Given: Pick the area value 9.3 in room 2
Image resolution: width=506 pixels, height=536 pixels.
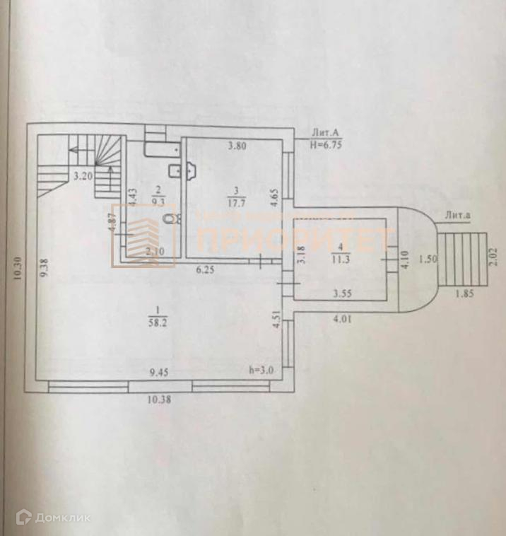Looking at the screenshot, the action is click(158, 200).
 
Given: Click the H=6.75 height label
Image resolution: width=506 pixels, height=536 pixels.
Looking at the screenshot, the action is click(326, 142).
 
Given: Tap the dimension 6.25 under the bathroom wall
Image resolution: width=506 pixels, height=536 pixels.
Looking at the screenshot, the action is click(205, 269).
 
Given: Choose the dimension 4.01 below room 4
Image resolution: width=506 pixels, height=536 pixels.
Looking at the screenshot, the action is click(343, 318).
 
